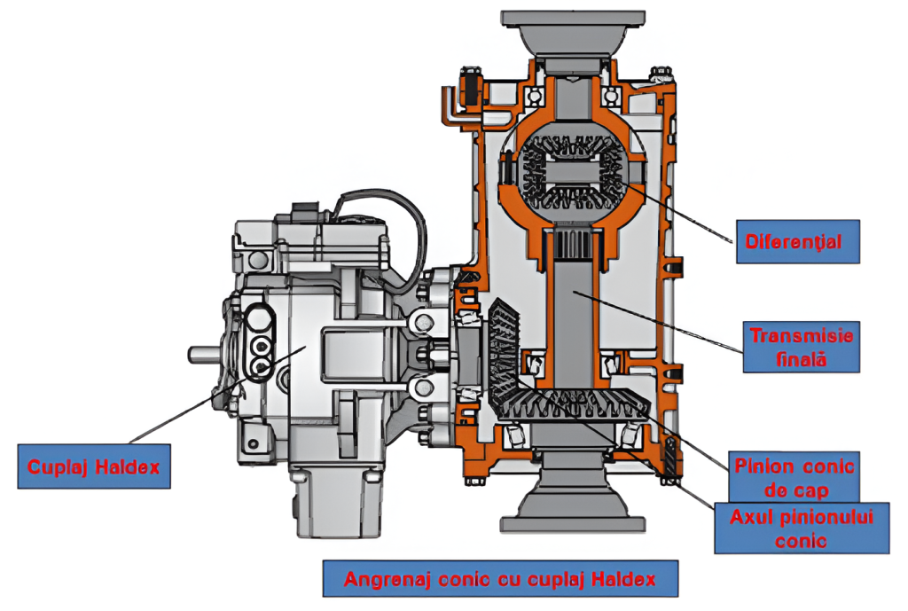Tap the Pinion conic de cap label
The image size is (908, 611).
794,476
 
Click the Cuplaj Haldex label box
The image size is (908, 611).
93,466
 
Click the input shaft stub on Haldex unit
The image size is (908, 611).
203,354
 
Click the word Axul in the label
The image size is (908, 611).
750,516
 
